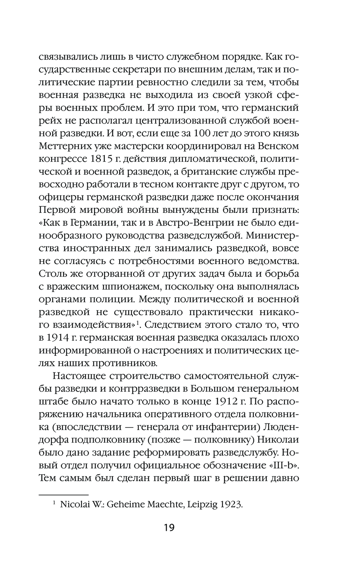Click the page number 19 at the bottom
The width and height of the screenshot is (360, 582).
tap(169, 528)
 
